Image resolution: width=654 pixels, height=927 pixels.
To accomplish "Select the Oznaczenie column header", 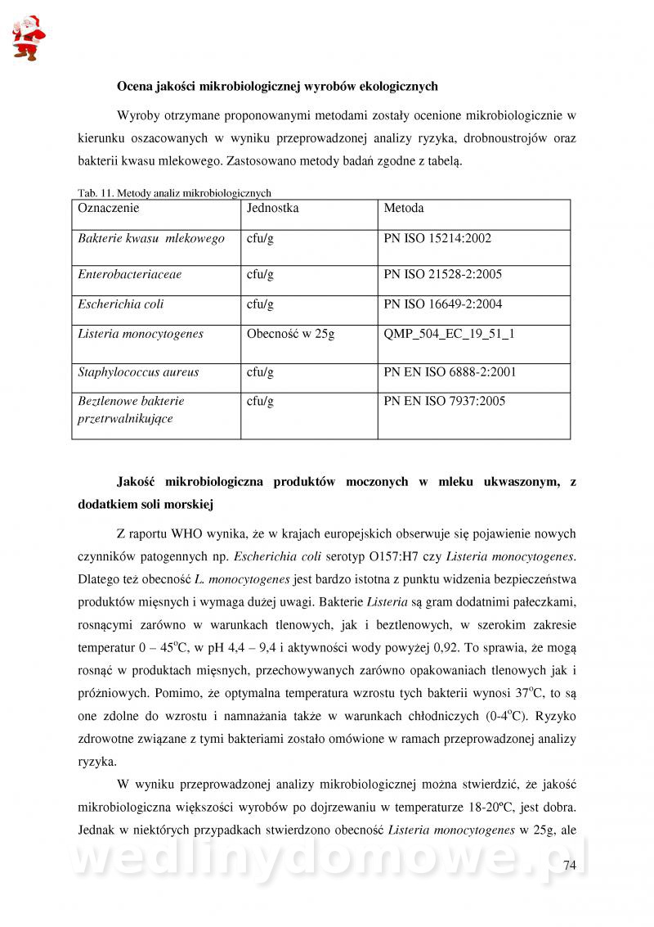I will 109,209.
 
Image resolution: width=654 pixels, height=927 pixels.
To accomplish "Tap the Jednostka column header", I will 272,209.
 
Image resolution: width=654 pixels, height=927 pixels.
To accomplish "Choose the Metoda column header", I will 403,209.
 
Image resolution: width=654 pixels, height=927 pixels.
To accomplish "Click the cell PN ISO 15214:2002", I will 437,239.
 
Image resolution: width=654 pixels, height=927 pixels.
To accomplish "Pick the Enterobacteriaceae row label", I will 129,275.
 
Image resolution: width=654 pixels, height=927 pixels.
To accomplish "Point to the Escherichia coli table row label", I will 120,304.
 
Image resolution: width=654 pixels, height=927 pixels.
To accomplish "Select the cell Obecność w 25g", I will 290,334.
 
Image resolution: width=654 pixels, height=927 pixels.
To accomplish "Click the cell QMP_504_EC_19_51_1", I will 449,334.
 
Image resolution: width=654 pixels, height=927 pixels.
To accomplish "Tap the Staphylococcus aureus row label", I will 138,372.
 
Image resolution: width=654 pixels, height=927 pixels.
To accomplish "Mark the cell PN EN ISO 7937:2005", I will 444,401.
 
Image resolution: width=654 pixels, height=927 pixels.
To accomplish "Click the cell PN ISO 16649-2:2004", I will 442,304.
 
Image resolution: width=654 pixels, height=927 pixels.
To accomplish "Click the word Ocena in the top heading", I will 136,86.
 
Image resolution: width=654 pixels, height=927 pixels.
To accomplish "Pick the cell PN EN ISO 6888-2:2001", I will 450,372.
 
